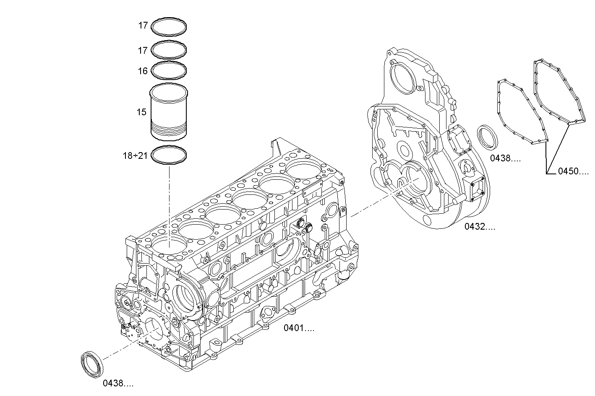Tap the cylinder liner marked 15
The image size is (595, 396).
point(168,111)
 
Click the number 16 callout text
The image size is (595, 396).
point(143,71)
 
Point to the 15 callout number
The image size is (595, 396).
point(141,112)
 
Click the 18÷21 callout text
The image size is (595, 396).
point(135,156)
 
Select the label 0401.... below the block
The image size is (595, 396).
point(299,328)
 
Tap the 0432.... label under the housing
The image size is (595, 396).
point(480,227)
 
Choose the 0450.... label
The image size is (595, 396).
point(573,171)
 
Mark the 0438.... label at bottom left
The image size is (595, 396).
point(118,383)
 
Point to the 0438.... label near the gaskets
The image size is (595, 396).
point(505,158)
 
